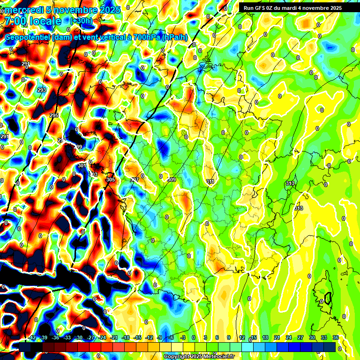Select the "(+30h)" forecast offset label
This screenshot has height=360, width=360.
[x=81, y=21]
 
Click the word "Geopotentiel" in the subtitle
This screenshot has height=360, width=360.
[x=27, y=37]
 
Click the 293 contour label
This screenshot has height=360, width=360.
[x=42, y=90]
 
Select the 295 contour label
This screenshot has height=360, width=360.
[x=54, y=115]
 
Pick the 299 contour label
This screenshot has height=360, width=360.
[x=77, y=147]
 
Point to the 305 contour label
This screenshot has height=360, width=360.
[x=111, y=180]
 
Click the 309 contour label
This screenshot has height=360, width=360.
[x=172, y=180]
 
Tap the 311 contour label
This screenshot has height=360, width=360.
[x=210, y=181]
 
